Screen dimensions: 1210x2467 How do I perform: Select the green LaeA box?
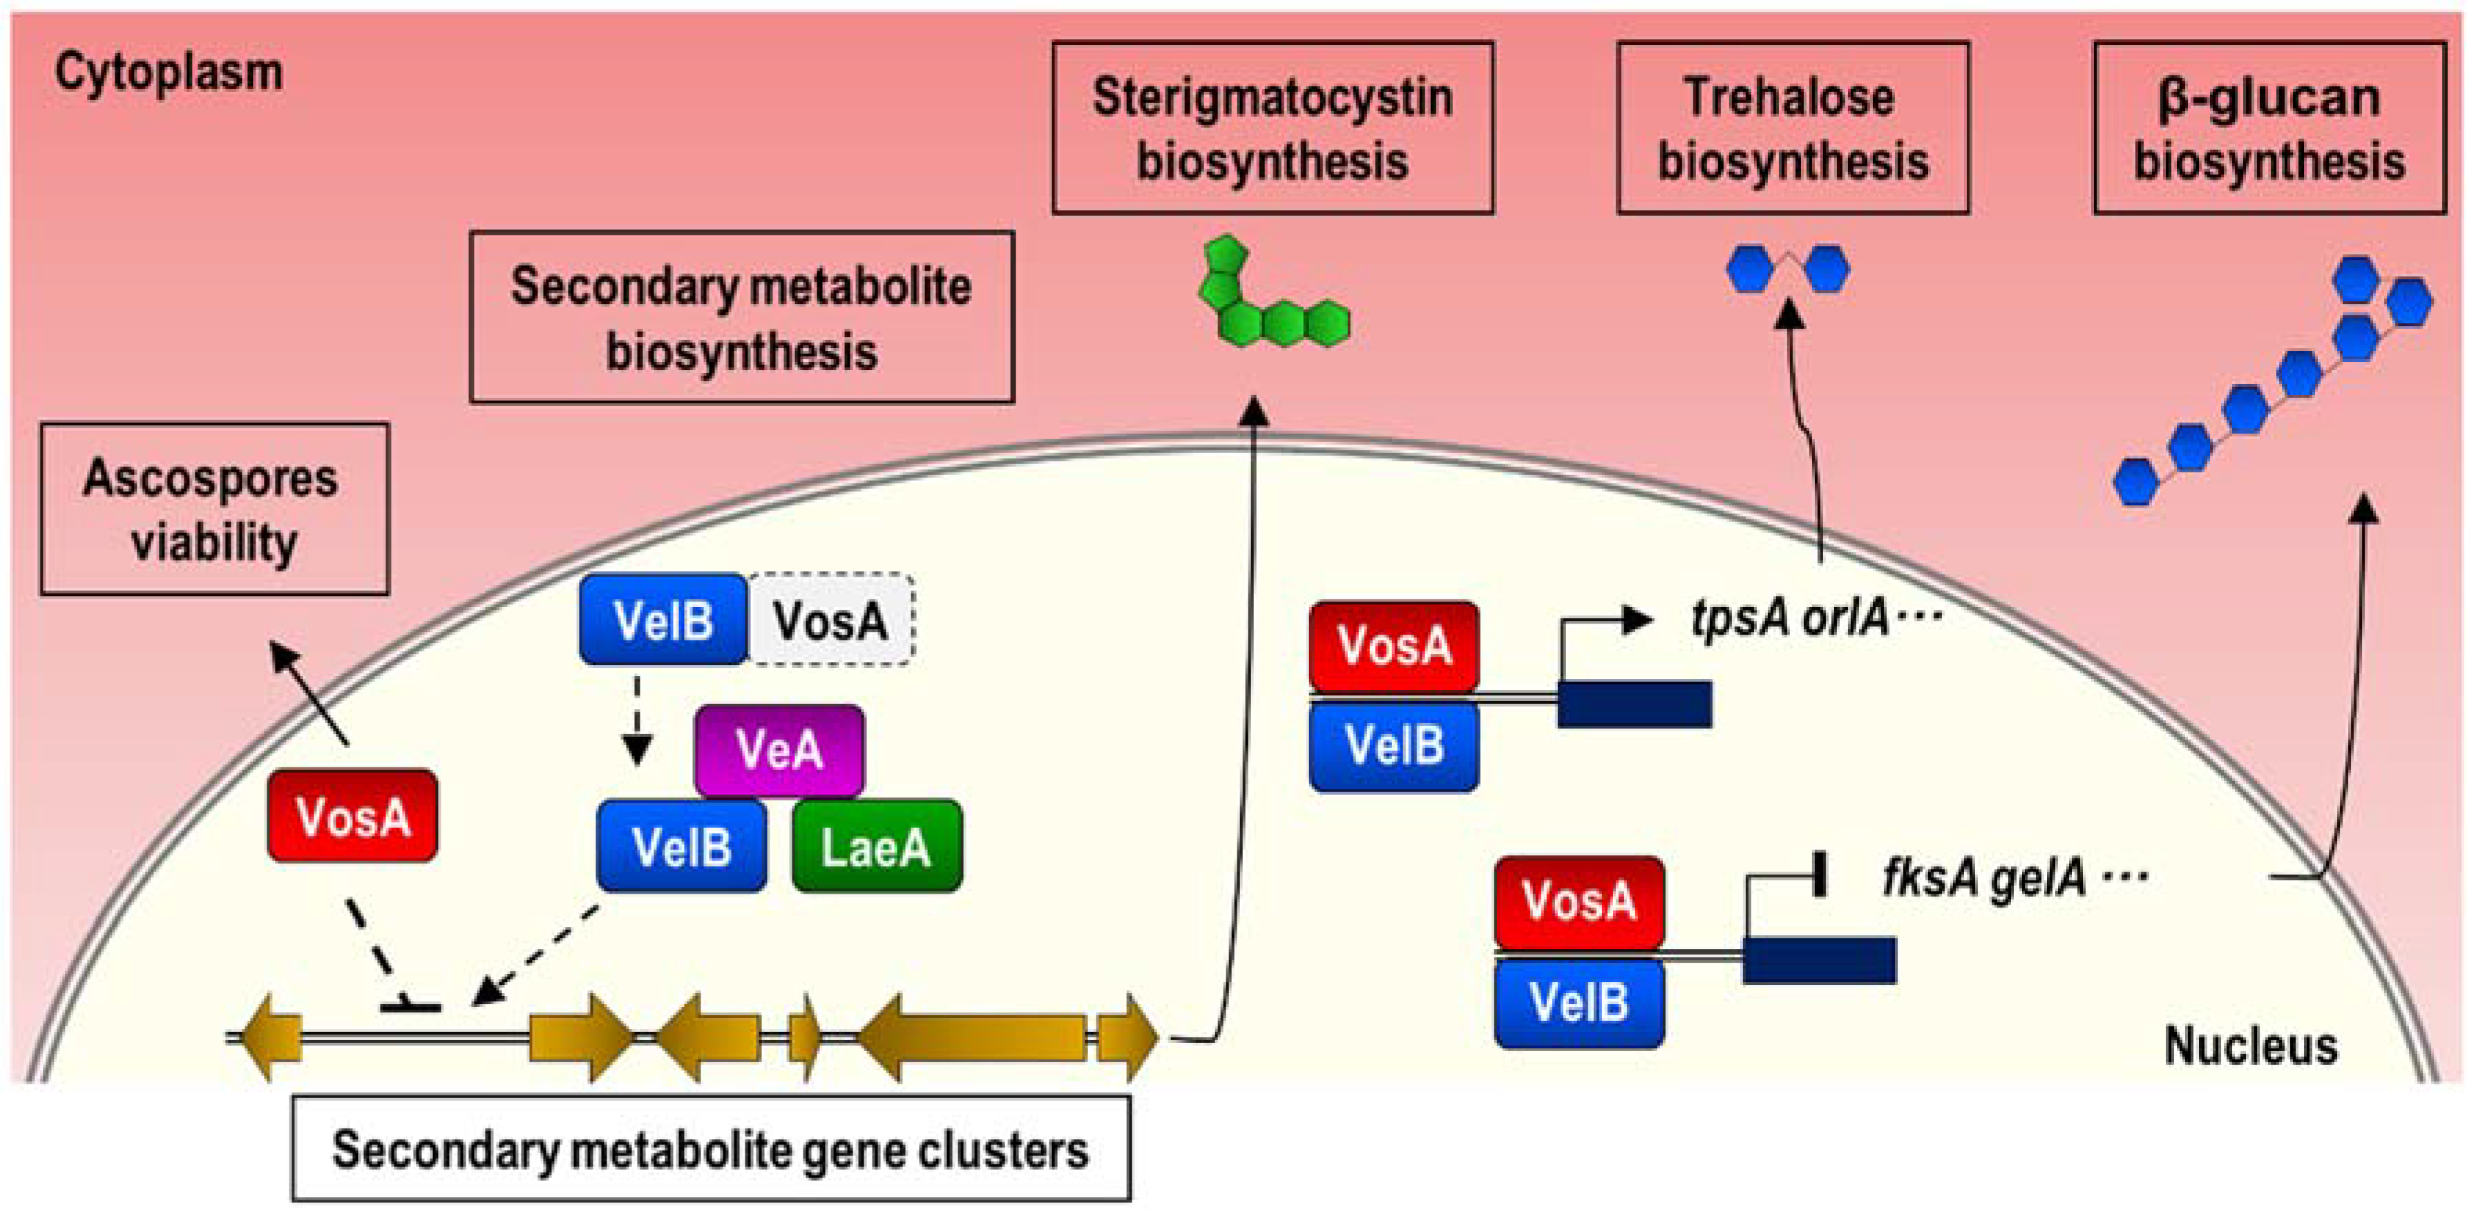point(876,846)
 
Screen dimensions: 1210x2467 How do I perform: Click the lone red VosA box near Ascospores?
point(352,816)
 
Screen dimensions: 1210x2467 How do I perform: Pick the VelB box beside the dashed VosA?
point(663,620)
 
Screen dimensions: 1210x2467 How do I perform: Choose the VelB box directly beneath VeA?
point(681,846)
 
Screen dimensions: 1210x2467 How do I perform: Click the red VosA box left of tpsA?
point(1393,646)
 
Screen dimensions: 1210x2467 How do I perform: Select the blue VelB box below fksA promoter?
point(1579,1002)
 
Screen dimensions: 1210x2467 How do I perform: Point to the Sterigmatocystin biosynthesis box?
point(1272,127)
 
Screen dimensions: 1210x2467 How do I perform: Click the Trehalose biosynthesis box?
point(1792,127)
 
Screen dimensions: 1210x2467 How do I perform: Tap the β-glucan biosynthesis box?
point(2269,127)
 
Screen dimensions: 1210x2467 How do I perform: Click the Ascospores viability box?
point(213,509)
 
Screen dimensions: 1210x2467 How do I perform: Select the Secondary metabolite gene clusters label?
point(711,1149)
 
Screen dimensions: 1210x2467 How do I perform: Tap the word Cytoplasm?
point(169,73)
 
